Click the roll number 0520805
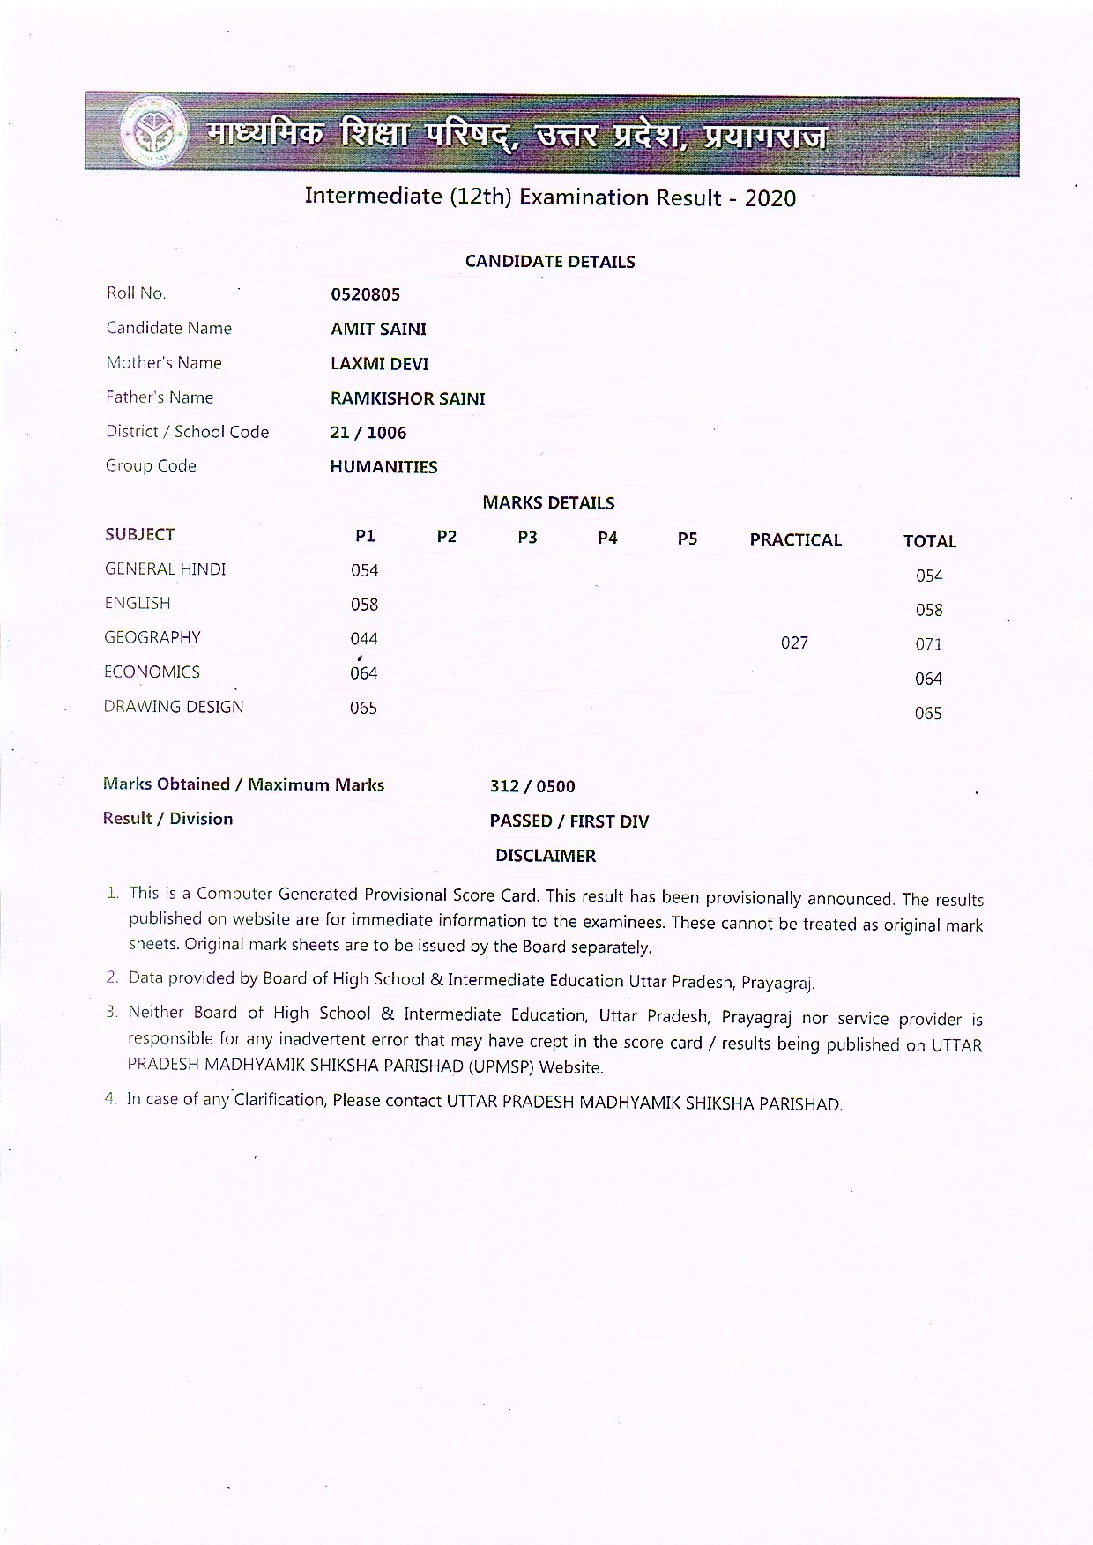pyautogui.click(x=365, y=294)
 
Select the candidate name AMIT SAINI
pyautogui.click(x=378, y=329)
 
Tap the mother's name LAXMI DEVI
pyautogui.click(x=379, y=363)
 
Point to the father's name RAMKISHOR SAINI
pyautogui.click(x=407, y=398)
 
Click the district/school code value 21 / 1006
pyautogui.click(x=368, y=433)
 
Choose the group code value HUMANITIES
pyautogui.click(x=383, y=467)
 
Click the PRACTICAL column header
pyautogui.click(x=795, y=540)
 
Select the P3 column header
pyautogui.click(x=527, y=537)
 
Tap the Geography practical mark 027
pyautogui.click(x=794, y=643)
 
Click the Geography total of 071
pyautogui.click(x=928, y=644)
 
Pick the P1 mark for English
pyautogui.click(x=364, y=605)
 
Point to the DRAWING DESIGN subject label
pyautogui.click(x=174, y=707)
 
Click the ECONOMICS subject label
pyautogui.click(x=152, y=672)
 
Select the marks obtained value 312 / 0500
pyautogui.click(x=532, y=786)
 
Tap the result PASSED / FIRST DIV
pyautogui.click(x=569, y=821)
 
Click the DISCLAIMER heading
pyautogui.click(x=545, y=856)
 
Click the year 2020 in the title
pyautogui.click(x=770, y=198)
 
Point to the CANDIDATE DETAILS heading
pyautogui.click(x=550, y=262)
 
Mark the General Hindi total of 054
pyautogui.click(x=929, y=576)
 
